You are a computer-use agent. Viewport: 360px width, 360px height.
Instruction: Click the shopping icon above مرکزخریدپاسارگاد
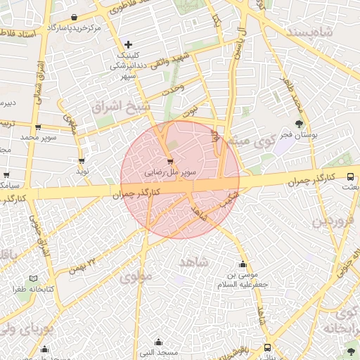point(75,17)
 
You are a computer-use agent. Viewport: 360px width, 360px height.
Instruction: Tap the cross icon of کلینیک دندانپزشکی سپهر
point(127,44)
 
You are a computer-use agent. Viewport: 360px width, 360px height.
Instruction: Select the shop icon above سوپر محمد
point(37,127)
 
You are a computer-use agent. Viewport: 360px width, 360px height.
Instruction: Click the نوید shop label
point(82,172)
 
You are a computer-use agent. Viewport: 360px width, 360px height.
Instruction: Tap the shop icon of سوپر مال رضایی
point(170,160)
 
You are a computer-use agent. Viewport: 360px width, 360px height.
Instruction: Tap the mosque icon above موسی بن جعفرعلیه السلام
point(243,265)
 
